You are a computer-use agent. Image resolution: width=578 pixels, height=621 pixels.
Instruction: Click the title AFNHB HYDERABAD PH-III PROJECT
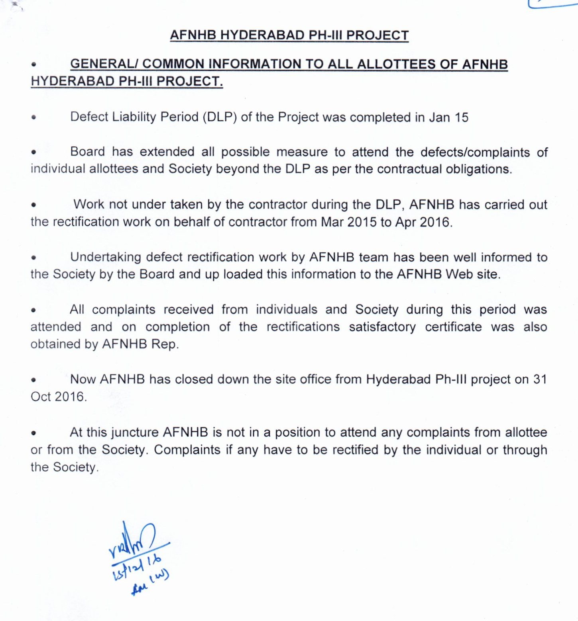(x=289, y=35)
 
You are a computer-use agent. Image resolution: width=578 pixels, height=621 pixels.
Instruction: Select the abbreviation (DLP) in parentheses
(x=220, y=117)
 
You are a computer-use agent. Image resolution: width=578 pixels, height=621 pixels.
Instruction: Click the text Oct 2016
(x=59, y=397)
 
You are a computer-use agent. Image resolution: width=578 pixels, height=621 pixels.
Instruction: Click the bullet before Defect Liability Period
(x=34, y=118)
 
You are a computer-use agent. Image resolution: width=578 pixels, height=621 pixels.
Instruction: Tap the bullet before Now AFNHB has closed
(x=34, y=380)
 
